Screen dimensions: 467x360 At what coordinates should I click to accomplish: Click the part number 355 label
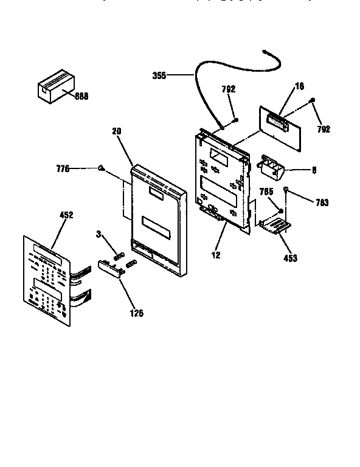160,76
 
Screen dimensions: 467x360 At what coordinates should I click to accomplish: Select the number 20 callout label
117,131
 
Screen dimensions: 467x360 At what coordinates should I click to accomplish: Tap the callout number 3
97,232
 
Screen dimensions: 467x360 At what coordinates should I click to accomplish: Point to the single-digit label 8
314,171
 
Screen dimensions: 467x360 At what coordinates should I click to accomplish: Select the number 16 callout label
300,87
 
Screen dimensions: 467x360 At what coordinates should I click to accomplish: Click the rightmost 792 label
324,130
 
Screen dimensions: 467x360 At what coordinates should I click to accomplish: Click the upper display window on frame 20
156,193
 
